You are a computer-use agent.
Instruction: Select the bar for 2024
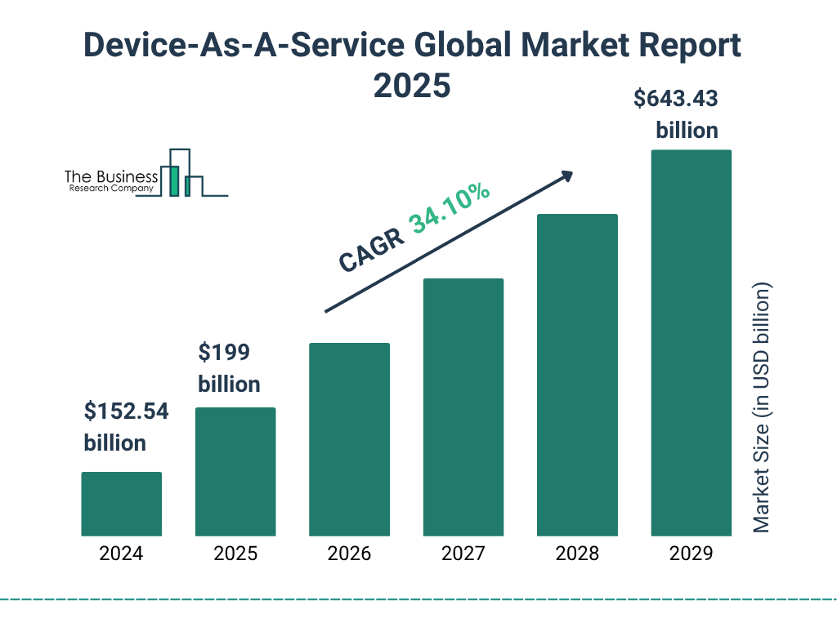coord(121,504)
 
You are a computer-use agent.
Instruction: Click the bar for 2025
coord(235,472)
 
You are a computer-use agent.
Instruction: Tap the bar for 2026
coord(349,439)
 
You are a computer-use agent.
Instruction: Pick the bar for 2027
coord(463,407)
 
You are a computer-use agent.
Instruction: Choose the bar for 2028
coord(577,375)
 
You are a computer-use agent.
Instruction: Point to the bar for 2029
coord(691,343)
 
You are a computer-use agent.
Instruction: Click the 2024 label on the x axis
coord(121,554)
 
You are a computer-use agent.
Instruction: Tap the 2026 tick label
coord(349,554)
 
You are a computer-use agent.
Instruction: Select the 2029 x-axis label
coord(691,554)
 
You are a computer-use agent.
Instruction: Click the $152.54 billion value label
coord(126,427)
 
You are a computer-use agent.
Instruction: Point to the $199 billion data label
coord(229,368)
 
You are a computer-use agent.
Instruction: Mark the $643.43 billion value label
coord(677,114)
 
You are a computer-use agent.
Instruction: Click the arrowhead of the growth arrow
coord(566,176)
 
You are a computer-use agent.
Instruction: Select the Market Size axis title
coord(762,408)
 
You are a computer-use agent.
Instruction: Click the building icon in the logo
coord(181,173)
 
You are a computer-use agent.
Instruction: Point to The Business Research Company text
coord(111,181)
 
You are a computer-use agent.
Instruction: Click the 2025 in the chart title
coord(412,86)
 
